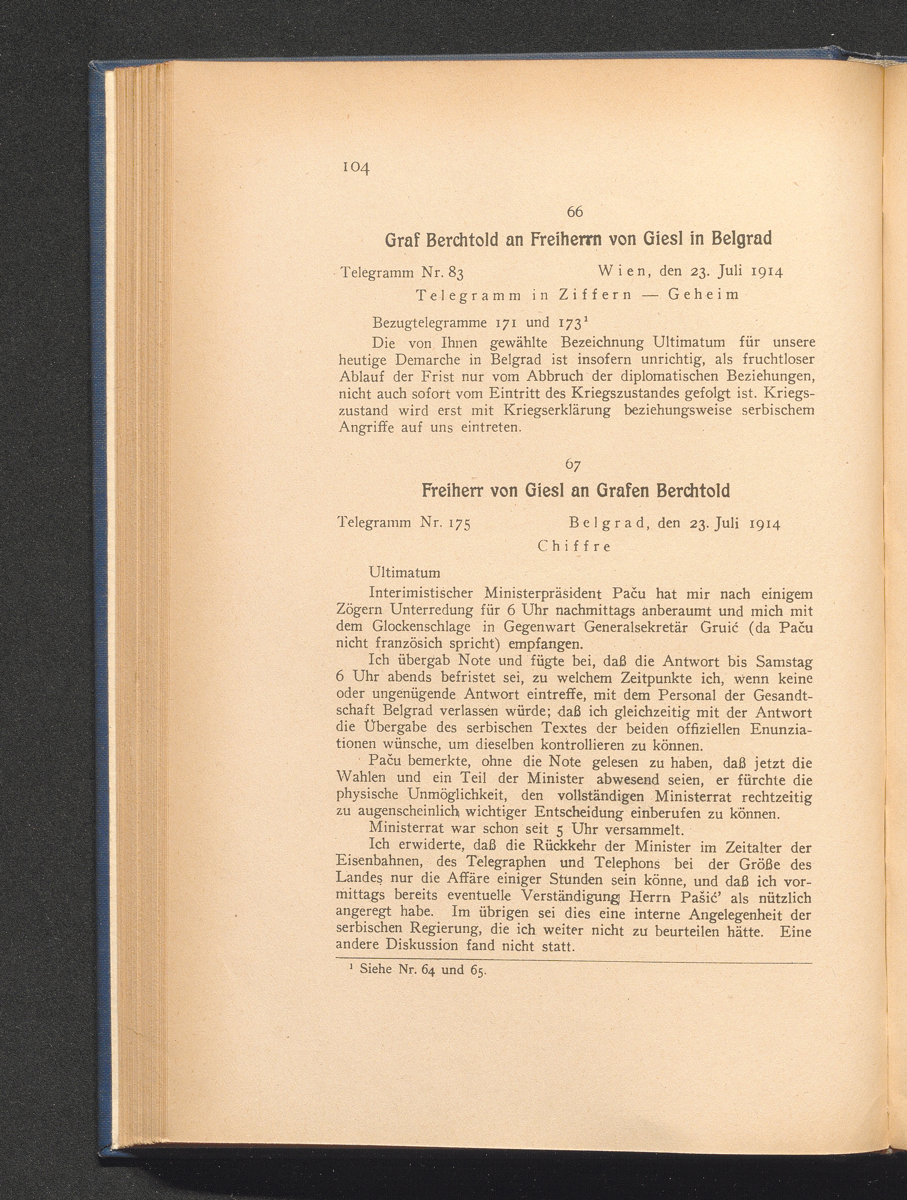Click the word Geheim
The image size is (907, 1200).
(x=704, y=295)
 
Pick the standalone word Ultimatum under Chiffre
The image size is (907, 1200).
(x=404, y=573)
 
